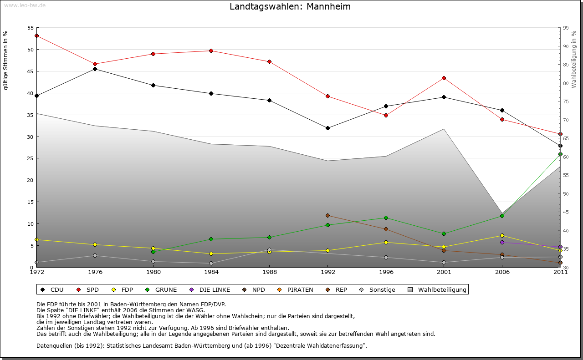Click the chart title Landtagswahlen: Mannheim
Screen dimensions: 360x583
coord(290,7)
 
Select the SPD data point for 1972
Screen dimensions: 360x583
coord(36,35)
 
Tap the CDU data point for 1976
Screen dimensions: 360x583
coord(95,69)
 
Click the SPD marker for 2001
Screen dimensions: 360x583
coord(444,78)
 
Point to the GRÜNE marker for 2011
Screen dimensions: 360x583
coord(560,154)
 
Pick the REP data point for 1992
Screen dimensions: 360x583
coord(327,215)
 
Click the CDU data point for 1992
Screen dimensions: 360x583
coord(327,128)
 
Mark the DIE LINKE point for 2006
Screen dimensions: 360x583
coord(502,242)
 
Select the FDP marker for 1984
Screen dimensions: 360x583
coord(211,254)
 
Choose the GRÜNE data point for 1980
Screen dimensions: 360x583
coord(153,252)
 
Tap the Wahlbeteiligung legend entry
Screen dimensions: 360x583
coord(437,289)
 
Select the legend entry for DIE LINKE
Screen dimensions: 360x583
coord(210,289)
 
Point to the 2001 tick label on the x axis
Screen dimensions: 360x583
coord(444,273)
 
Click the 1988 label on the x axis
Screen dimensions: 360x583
coord(270,273)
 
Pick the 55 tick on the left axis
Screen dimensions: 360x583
coord(30,28)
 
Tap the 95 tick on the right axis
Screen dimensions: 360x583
coord(566,28)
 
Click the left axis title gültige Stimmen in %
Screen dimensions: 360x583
coord(6,60)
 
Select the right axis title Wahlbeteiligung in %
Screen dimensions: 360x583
coord(574,60)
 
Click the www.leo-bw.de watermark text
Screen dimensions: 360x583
coord(25,5)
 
